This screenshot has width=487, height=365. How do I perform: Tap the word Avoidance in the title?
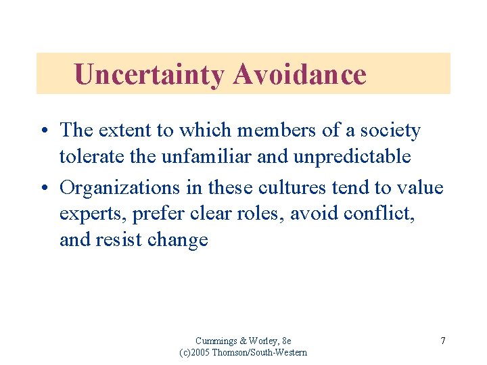pos(299,74)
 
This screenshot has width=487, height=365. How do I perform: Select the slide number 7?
pos(442,341)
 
